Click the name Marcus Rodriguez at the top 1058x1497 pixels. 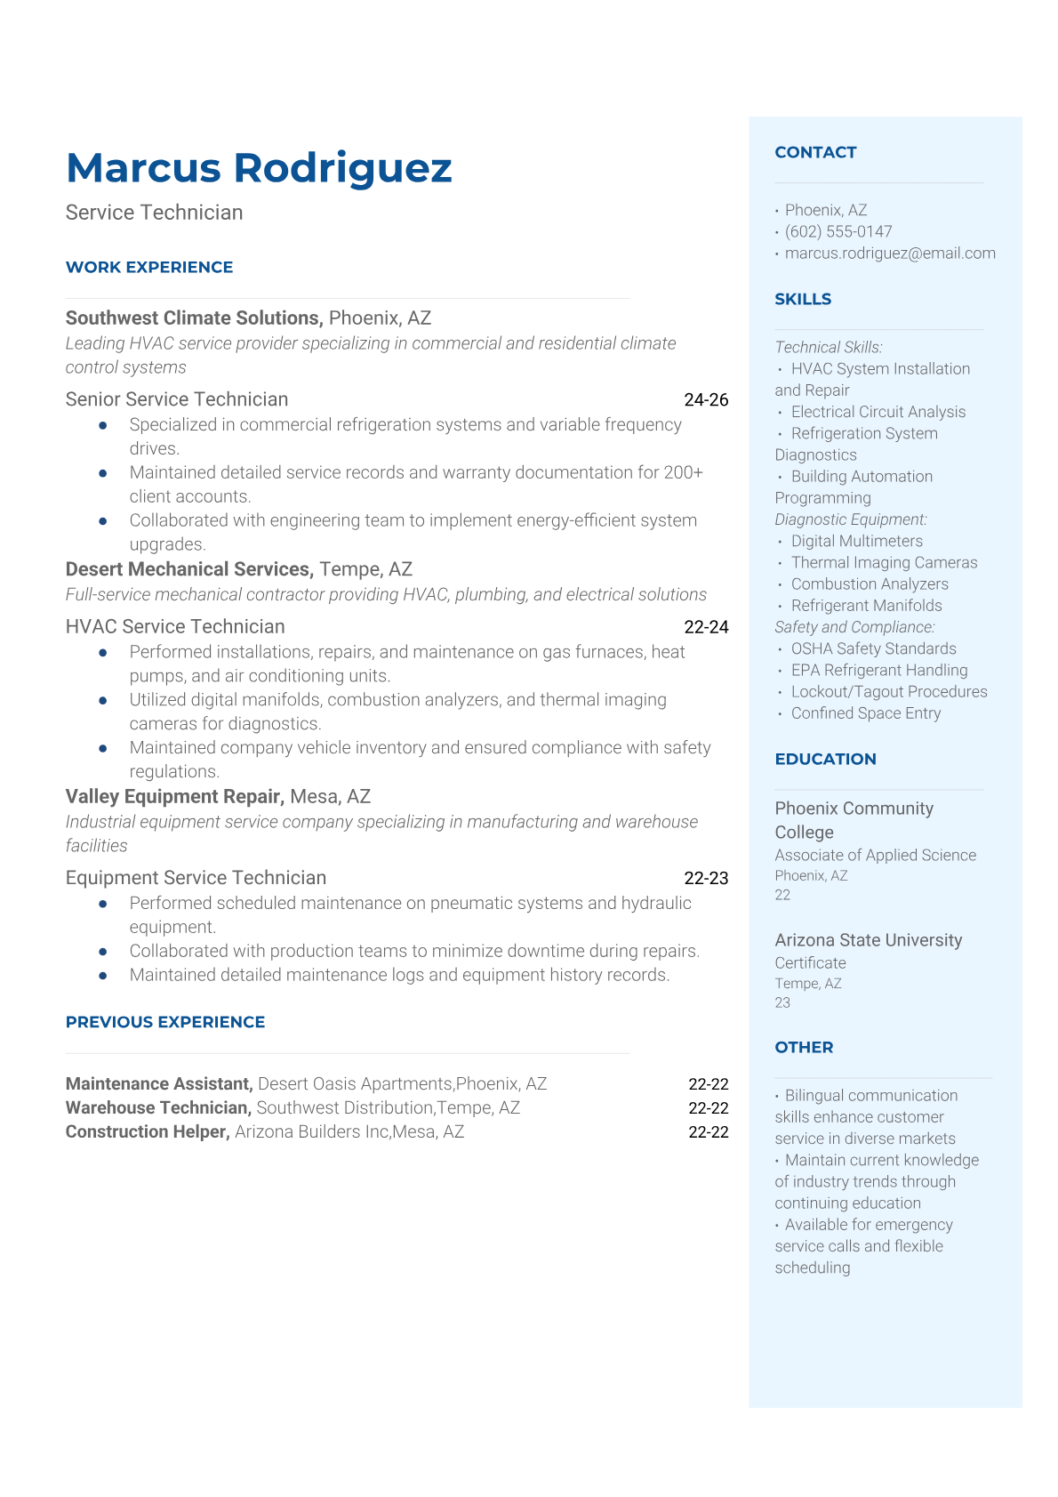click(x=259, y=168)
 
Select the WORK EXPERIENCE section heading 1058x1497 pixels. click(x=149, y=267)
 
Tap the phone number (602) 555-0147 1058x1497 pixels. click(x=838, y=231)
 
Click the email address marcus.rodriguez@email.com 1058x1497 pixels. click(x=889, y=253)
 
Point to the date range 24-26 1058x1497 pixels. click(x=706, y=399)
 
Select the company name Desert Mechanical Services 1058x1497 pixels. click(x=188, y=569)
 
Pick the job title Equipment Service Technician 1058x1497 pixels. click(x=196, y=878)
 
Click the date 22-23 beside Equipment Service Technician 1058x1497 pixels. click(x=706, y=878)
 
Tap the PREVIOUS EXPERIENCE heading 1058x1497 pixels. click(x=165, y=1022)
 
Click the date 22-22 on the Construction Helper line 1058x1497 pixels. click(x=708, y=1131)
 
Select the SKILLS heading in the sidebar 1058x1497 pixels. click(x=803, y=299)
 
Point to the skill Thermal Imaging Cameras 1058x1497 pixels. click(x=884, y=562)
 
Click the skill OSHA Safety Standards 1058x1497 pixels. click(x=873, y=648)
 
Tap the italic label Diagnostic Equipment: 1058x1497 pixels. click(x=850, y=519)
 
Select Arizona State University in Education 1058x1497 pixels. click(x=868, y=940)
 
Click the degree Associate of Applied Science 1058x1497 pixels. click(x=875, y=855)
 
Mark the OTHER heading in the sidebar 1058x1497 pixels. click(x=804, y=1047)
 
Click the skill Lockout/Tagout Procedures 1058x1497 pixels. click(x=889, y=691)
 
